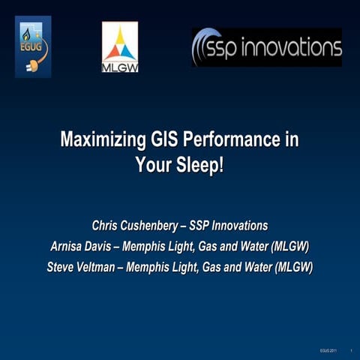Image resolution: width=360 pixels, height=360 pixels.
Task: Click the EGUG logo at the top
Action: (x=33, y=46)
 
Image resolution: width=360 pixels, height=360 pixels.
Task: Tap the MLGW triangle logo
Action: (x=120, y=46)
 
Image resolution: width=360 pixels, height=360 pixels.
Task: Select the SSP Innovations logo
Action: (x=266, y=47)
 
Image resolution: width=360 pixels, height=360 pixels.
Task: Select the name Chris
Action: (x=106, y=225)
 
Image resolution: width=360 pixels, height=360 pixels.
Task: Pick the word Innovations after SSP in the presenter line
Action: (x=239, y=225)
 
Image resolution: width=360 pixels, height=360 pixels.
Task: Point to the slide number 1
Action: (x=351, y=350)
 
